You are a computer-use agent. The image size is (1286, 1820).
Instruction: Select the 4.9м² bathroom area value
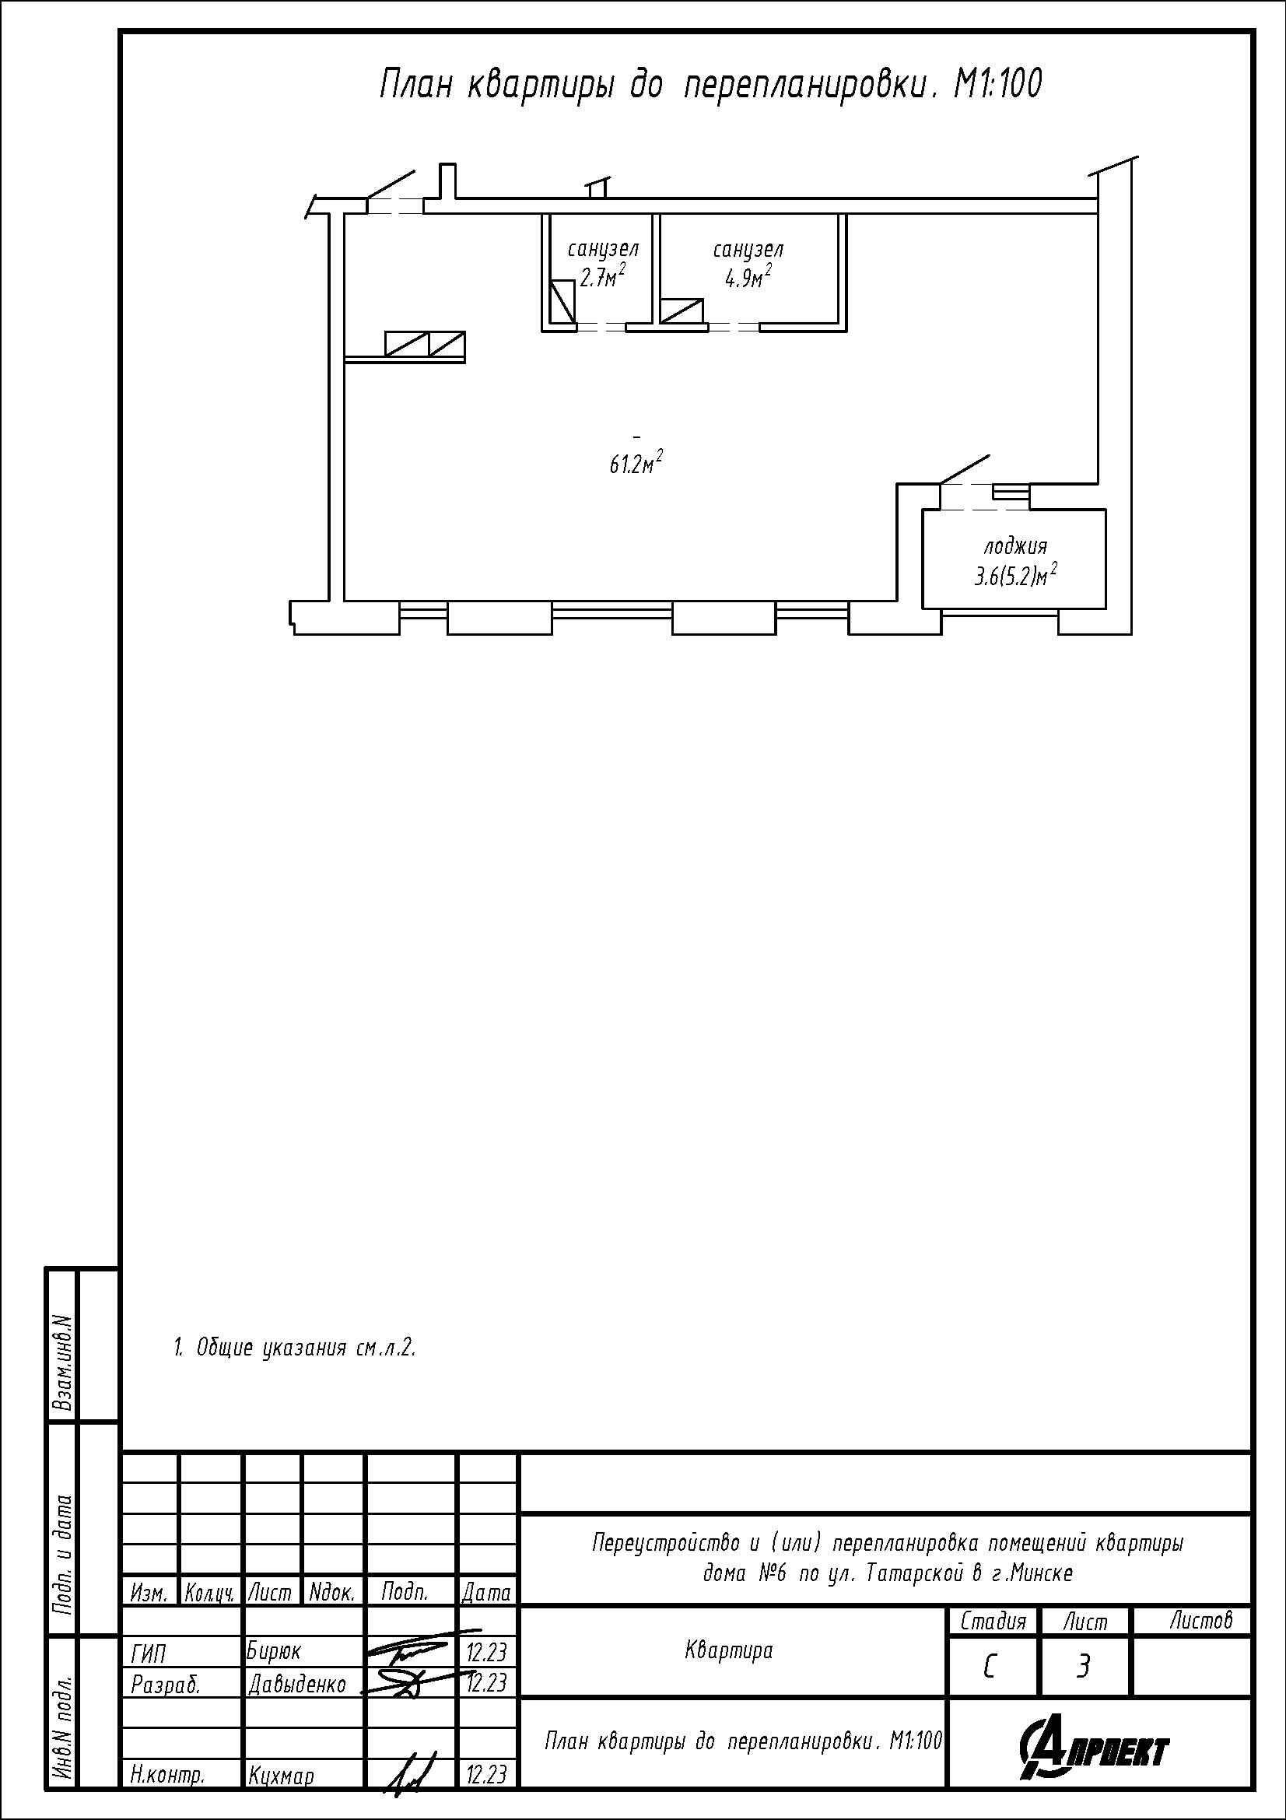(748, 277)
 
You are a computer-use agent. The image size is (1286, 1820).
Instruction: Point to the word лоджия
(1015, 547)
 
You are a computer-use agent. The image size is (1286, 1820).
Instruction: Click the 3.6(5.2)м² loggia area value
(1016, 575)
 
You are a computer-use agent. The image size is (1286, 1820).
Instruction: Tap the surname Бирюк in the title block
(273, 1651)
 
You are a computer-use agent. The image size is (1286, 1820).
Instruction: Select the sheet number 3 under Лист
(1083, 1667)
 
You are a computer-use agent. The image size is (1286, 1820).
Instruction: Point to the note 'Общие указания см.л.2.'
(295, 1348)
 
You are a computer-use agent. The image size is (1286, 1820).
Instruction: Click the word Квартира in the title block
(728, 1650)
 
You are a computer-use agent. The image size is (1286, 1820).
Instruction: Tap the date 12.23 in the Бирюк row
(485, 1652)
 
